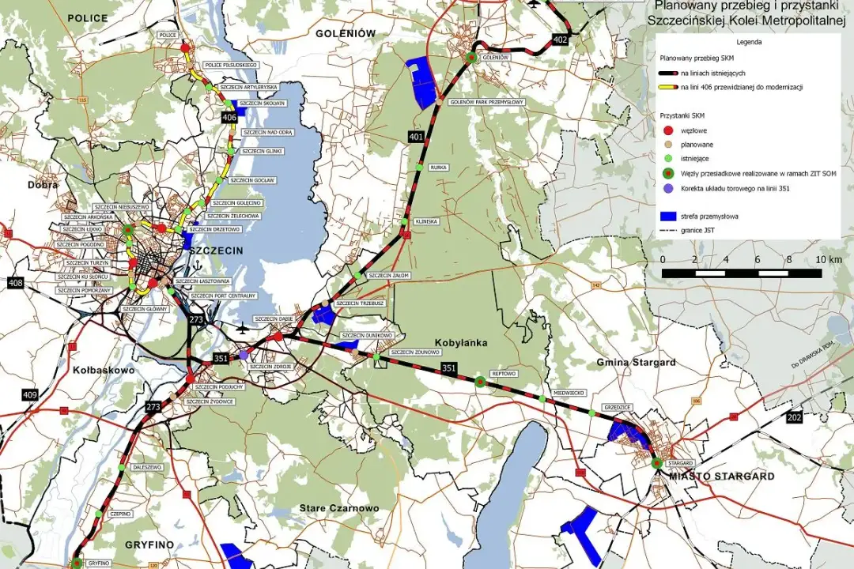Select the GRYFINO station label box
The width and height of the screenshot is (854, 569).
(98, 563)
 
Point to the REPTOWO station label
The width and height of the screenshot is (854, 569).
(504, 373)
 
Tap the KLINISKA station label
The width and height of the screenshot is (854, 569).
(426, 221)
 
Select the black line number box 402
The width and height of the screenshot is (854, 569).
(561, 39)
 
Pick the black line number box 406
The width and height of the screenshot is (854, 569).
(229, 118)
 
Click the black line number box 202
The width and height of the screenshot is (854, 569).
(794, 416)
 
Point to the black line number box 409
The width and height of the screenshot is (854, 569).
(29, 394)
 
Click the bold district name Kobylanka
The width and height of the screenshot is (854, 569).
(460, 343)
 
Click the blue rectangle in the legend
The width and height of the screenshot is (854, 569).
(668, 214)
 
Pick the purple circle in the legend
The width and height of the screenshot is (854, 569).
(668, 188)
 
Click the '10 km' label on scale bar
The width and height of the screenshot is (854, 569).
(829, 260)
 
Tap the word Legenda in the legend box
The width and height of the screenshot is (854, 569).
(749, 42)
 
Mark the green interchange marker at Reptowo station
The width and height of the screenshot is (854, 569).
(479, 382)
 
